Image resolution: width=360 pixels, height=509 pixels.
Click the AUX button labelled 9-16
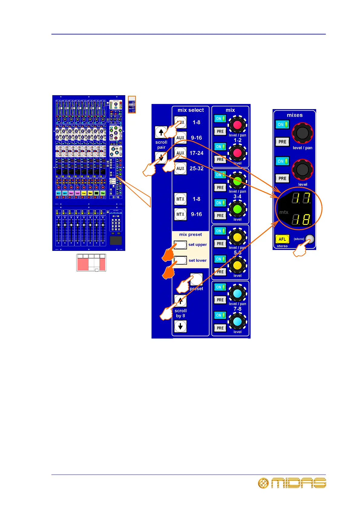coord(180,138)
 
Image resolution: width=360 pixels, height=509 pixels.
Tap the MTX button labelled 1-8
coord(180,199)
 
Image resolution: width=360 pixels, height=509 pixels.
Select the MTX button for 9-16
coord(180,214)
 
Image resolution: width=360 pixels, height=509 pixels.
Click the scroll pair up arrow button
coord(161,132)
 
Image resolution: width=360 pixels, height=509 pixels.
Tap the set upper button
coord(181,245)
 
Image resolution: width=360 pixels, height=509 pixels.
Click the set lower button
coord(181,260)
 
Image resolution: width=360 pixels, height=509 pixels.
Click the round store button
coord(309,239)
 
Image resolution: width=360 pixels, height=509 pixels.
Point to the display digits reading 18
coord(301,219)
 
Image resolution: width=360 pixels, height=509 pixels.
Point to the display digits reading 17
coord(301,198)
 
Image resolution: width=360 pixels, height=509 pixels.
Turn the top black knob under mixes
coord(302,133)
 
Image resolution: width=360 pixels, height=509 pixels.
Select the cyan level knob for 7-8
coord(237,321)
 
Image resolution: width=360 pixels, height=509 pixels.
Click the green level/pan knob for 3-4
coord(237,181)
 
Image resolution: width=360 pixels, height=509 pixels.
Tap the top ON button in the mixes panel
coord(282,125)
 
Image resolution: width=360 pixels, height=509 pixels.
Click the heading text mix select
coord(191,110)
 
